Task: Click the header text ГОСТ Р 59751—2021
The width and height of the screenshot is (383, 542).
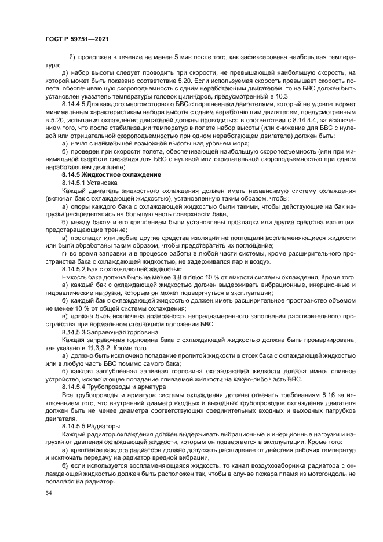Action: coord(77,39)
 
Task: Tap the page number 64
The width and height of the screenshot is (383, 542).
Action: coord(48,493)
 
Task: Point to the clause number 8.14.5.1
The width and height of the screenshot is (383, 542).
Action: coord(75,182)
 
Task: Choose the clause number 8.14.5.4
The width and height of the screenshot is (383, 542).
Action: coord(75,386)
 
